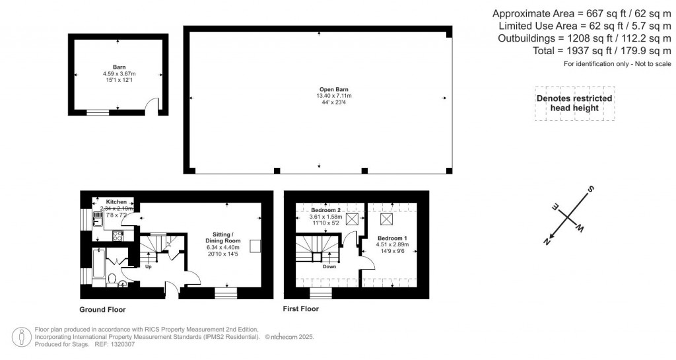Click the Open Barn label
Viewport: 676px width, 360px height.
pos(318,89)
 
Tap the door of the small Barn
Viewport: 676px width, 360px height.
pos(152,106)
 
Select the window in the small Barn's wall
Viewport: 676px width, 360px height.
pos(98,113)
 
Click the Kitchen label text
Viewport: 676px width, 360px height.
pos(116,201)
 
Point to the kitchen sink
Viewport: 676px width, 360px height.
pos(98,221)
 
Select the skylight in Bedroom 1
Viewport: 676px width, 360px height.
pos(388,219)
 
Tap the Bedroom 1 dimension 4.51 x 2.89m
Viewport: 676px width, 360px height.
pos(393,244)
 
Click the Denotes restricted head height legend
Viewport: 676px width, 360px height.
pos(574,103)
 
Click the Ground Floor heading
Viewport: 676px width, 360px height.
pos(102,309)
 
